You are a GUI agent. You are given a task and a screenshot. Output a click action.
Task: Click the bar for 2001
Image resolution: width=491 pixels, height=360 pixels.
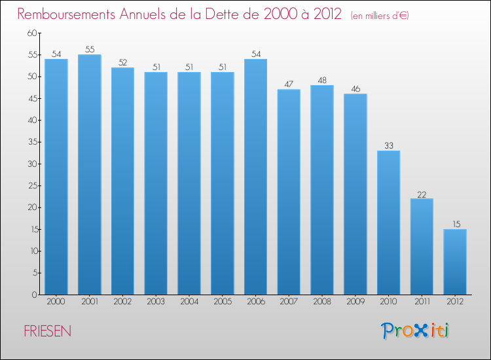coord(89,175)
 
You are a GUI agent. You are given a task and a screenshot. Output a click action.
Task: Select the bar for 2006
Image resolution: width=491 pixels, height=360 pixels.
coord(255,177)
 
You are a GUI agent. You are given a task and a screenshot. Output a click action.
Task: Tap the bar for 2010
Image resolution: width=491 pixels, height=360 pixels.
coord(388,223)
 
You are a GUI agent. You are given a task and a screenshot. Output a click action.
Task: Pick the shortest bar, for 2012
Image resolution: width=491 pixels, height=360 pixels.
coord(455,262)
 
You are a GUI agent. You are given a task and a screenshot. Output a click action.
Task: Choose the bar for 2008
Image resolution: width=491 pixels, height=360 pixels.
coord(322,190)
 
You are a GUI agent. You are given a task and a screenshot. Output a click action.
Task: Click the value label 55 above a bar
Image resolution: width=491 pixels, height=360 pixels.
coord(89,49)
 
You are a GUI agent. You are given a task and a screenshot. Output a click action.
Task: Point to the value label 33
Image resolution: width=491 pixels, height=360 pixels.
coord(388,145)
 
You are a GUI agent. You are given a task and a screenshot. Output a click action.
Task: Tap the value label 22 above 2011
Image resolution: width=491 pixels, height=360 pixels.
coord(422,193)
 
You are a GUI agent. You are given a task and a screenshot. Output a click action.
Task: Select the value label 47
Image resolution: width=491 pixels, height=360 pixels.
coord(289,84)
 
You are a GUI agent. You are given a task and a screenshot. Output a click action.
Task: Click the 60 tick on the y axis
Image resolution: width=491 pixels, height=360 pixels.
coord(31,33)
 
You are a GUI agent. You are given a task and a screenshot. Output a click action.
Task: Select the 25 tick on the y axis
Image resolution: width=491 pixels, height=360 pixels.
coord(31,186)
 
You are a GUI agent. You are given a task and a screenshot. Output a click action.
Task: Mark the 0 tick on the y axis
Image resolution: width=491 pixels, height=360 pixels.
coord(33,295)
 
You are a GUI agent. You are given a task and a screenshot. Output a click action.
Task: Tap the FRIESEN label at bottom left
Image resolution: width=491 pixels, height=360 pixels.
coord(47,332)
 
